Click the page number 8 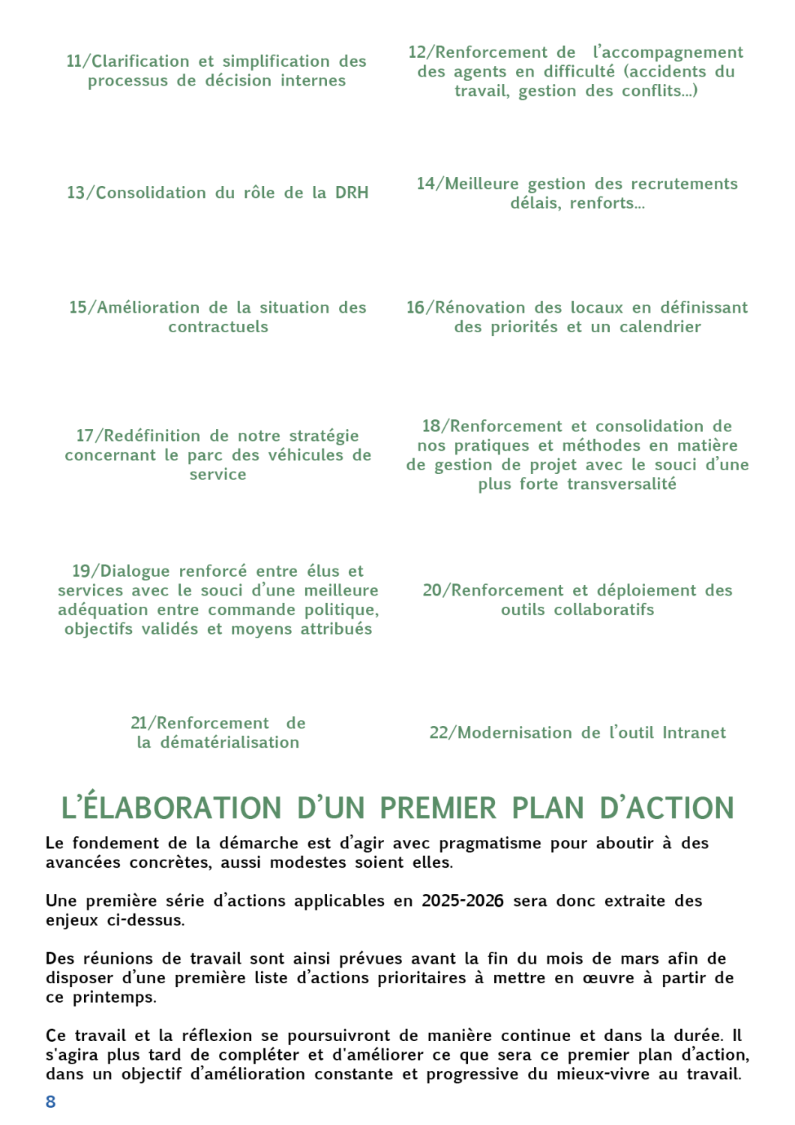click(x=51, y=1102)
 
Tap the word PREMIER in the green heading click(x=438, y=808)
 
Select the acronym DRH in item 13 click(x=352, y=193)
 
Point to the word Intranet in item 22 click(x=694, y=733)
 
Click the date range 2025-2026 click(x=462, y=901)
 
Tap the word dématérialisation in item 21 click(x=229, y=742)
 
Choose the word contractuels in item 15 click(x=218, y=327)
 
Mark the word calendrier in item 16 click(x=660, y=327)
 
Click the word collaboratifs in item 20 click(x=604, y=610)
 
